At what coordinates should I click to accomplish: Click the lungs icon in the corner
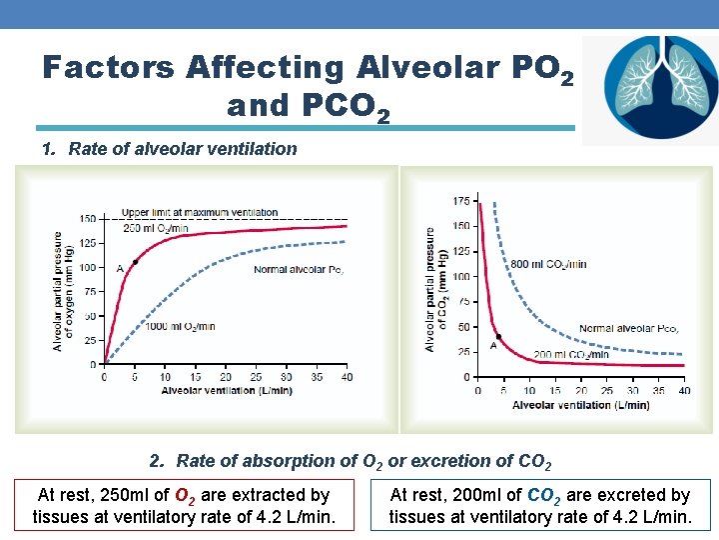click(649, 90)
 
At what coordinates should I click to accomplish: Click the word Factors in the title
click(107, 67)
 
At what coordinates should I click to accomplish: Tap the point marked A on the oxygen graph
click(135, 260)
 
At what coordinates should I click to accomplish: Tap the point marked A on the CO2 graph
click(499, 337)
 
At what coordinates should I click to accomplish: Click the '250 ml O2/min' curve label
click(155, 228)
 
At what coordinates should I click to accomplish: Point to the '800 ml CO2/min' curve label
click(548, 264)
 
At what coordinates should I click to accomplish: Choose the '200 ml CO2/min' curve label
click(570, 354)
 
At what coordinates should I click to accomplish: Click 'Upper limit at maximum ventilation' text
click(200, 213)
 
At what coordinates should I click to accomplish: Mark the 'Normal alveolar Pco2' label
click(629, 329)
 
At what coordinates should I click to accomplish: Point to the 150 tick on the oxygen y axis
click(89, 219)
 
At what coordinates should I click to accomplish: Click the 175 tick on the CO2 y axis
click(461, 202)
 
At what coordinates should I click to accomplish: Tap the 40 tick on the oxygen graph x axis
click(347, 377)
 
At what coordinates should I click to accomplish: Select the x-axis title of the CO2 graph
click(581, 405)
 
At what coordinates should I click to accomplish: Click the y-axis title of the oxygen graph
click(61, 291)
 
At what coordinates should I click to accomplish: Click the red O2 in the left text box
click(185, 496)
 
